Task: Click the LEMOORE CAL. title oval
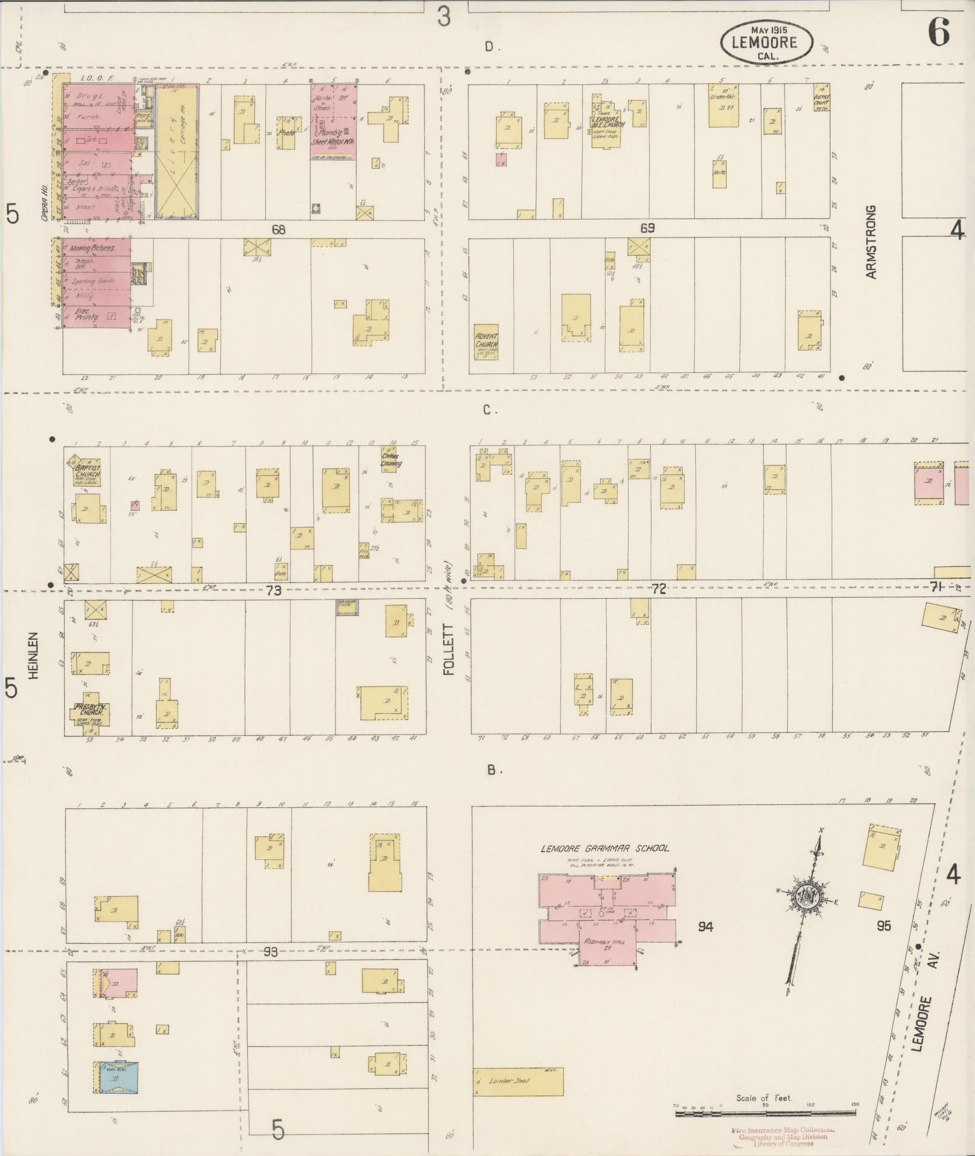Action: [x=766, y=42]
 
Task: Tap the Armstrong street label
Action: [x=871, y=242]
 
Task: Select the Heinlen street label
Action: [x=33, y=655]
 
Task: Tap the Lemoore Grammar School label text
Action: [x=604, y=848]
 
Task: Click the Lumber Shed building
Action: [x=517, y=1080]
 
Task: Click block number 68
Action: [x=278, y=230]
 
